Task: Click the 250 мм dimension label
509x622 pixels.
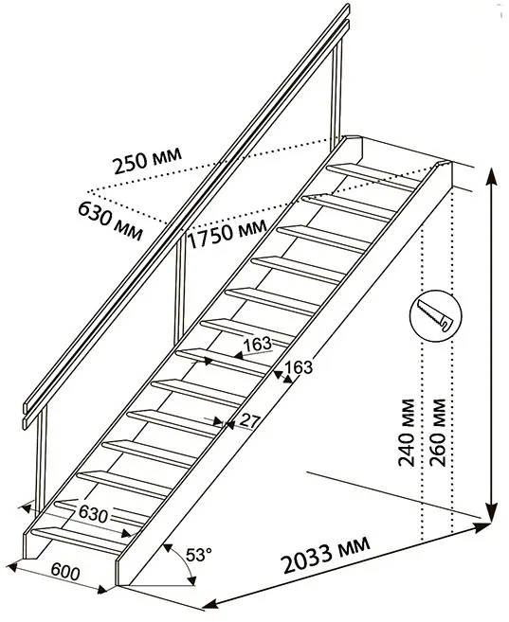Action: click(147, 160)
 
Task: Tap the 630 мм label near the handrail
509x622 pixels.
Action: click(110, 221)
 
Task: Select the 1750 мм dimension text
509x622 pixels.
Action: click(227, 234)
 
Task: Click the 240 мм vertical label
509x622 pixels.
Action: click(407, 432)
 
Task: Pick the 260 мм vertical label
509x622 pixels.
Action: click(438, 432)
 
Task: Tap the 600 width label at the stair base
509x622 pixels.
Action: click(65, 572)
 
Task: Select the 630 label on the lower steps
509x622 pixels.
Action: click(93, 514)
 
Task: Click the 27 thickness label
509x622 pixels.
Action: click(249, 421)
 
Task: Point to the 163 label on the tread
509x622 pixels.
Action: click(257, 344)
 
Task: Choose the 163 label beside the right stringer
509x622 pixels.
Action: click(299, 367)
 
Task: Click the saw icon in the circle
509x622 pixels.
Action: click(436, 316)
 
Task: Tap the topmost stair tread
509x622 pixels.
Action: click(373, 176)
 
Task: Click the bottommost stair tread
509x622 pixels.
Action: click(78, 540)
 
